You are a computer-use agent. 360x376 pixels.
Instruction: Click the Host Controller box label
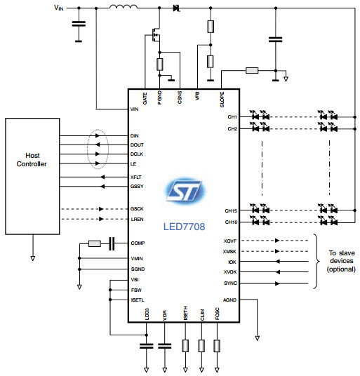click(32, 160)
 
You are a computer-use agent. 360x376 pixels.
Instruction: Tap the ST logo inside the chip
click(185, 191)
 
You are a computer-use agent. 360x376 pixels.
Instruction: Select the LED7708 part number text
click(184, 227)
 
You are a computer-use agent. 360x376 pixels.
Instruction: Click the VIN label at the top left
click(59, 8)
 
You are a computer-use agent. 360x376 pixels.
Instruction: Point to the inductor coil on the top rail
click(124, 7)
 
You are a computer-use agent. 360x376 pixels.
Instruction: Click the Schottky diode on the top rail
click(177, 8)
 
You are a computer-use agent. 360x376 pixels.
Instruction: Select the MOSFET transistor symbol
click(156, 35)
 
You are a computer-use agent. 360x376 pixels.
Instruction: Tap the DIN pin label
click(134, 135)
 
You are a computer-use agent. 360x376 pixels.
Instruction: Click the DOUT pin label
click(137, 145)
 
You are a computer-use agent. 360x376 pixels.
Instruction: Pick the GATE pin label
click(145, 98)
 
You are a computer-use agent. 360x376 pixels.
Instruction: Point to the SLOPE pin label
click(222, 100)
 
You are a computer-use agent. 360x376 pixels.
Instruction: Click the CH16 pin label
click(231, 222)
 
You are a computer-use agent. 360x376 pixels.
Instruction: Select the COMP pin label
click(138, 243)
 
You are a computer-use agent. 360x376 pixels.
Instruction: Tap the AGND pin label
click(229, 300)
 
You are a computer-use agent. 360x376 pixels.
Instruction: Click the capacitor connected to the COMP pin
click(112, 243)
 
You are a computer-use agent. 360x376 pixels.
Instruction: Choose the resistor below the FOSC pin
click(217, 346)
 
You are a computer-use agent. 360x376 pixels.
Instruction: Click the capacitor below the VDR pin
click(164, 346)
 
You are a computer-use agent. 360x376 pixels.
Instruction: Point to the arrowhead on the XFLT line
click(102, 177)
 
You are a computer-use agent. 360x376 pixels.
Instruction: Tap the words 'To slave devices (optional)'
click(341, 261)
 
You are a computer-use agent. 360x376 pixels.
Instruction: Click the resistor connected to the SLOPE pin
click(252, 70)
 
